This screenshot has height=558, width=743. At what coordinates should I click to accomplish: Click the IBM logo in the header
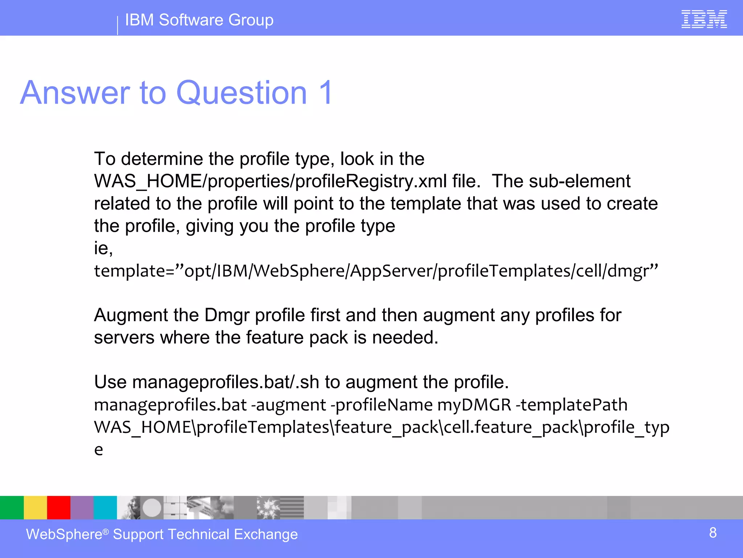click(704, 19)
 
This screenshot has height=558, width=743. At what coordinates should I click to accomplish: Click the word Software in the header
click(191, 20)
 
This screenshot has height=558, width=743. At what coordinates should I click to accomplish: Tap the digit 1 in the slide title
click(325, 93)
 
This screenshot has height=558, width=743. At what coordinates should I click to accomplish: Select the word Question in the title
click(241, 93)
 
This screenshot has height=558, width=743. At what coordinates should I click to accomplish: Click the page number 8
click(713, 533)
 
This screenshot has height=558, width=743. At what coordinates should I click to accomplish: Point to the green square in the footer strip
click(12, 508)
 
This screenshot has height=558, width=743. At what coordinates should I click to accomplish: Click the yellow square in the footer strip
click(35, 508)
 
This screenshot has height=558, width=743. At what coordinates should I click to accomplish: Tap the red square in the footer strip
click(58, 508)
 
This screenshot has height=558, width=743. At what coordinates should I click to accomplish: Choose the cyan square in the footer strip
click(105, 508)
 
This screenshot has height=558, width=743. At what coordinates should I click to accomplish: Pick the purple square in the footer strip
click(82, 508)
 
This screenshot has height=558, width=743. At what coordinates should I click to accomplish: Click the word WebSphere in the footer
click(64, 535)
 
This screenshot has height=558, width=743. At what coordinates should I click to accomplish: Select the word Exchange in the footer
click(266, 535)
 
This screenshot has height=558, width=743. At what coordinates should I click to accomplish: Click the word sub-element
click(579, 181)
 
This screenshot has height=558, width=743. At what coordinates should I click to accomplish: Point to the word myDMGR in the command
click(474, 405)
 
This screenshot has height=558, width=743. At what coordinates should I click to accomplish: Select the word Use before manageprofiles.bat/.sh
click(110, 382)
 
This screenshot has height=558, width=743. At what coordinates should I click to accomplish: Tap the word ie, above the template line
click(103, 248)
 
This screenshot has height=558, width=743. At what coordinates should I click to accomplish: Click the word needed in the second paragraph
click(405, 338)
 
